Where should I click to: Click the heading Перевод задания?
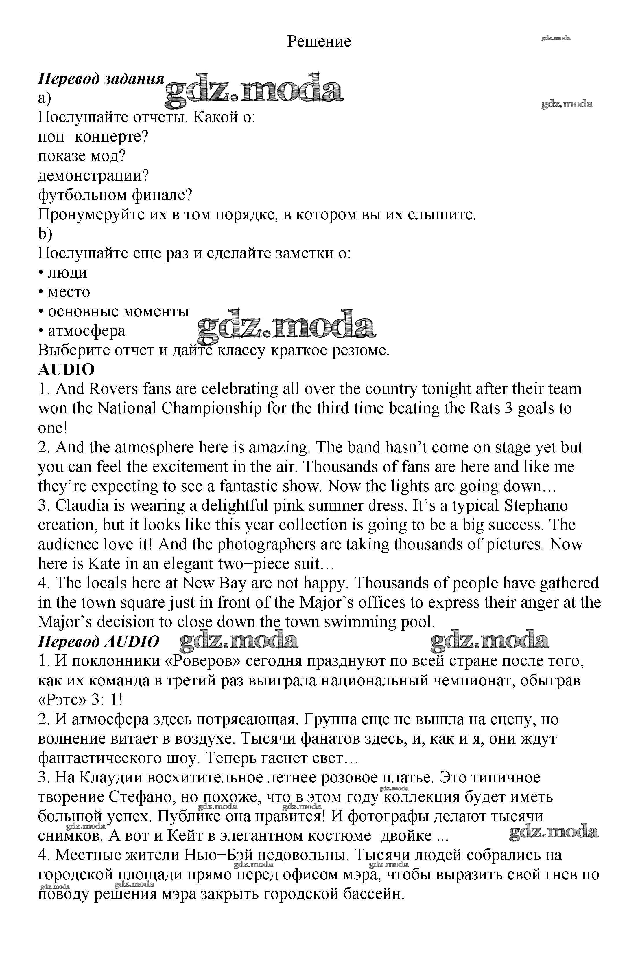pos(101,79)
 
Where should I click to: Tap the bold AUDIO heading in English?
pos(66,370)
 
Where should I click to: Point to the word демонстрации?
pos(93,176)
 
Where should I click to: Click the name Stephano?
pos(536,506)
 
